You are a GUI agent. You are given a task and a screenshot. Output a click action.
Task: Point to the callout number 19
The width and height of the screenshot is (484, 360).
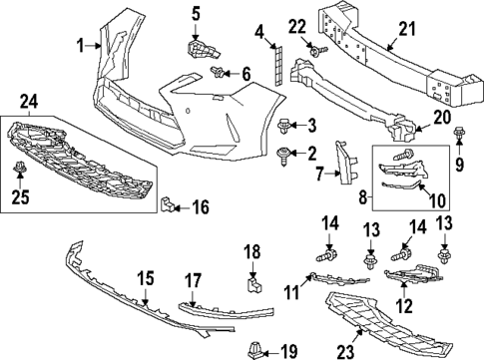(x=288, y=350)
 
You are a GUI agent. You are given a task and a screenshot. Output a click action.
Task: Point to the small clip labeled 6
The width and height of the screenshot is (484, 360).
(x=219, y=71)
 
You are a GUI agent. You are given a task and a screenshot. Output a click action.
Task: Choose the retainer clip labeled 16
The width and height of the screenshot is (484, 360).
(x=172, y=206)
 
